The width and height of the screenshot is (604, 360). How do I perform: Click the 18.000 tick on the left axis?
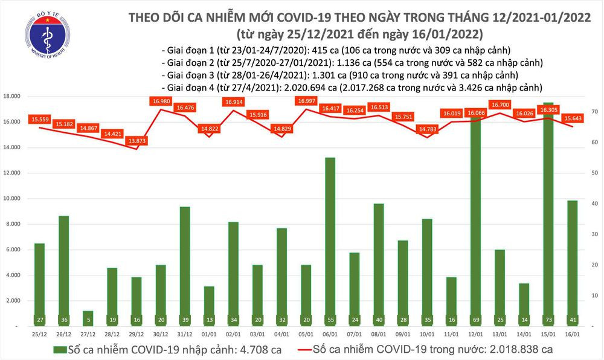coord(13,97)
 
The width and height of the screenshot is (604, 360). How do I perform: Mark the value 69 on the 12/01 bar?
coord(476,318)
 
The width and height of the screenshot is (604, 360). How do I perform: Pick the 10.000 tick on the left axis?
coord(13,199)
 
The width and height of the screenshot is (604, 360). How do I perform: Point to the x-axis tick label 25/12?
coord(40,334)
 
